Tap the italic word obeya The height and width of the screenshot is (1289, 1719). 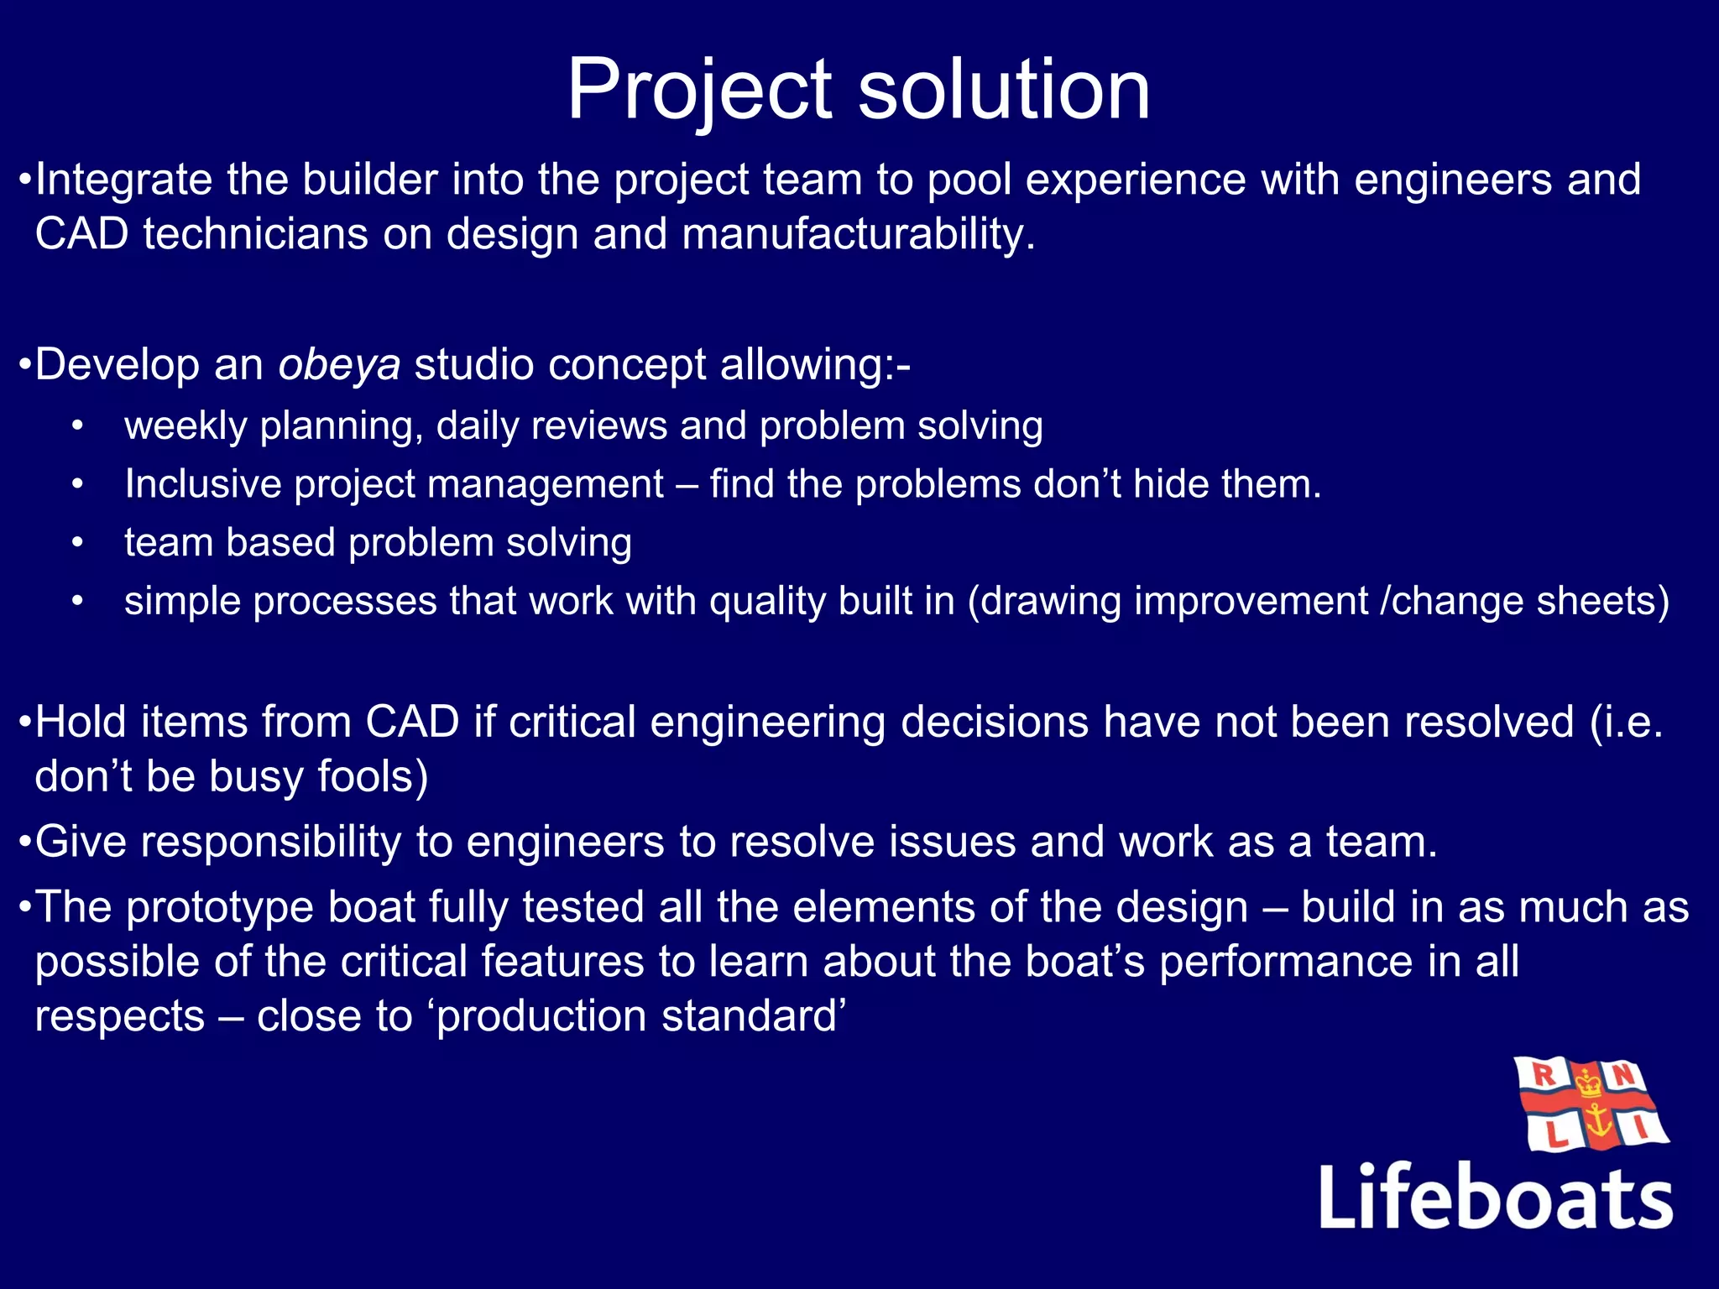pyautogui.click(x=339, y=365)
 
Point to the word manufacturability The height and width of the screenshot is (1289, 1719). pyautogui.click(x=859, y=234)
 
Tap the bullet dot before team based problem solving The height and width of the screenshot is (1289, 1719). pyautogui.click(x=77, y=543)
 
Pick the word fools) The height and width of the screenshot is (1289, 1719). pyautogui.click(x=373, y=776)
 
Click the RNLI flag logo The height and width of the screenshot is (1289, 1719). pyautogui.click(x=1591, y=1104)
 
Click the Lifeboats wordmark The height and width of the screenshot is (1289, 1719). pyautogui.click(x=1495, y=1197)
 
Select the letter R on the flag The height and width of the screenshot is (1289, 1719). pyautogui.click(x=1543, y=1074)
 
